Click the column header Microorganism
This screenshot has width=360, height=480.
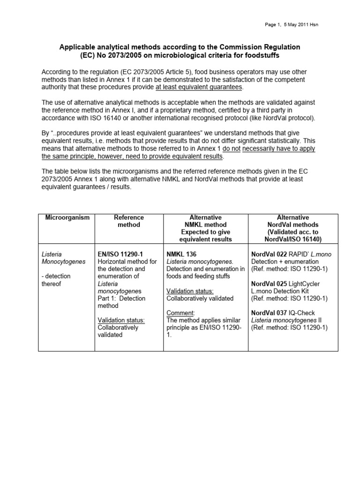click(x=66, y=217)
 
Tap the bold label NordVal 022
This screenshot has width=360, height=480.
click(x=269, y=254)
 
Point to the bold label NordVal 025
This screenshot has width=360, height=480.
click(x=269, y=284)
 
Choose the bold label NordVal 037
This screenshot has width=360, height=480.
click(x=269, y=313)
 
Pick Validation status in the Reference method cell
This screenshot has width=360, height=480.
click(x=121, y=320)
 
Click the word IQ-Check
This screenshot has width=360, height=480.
click(x=302, y=313)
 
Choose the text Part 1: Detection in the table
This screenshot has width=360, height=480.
click(x=121, y=298)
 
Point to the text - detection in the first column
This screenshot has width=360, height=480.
click(x=58, y=276)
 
